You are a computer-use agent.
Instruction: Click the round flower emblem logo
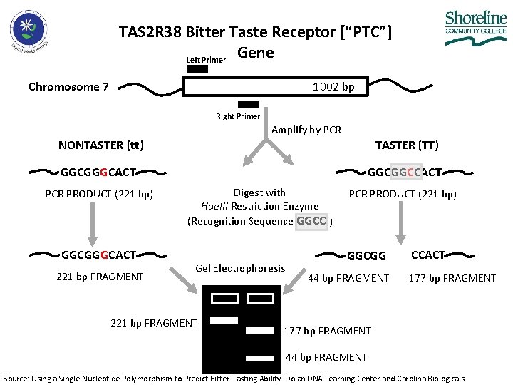pos(28,31)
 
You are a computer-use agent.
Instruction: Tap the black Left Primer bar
pos(197,69)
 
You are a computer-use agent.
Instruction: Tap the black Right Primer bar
pos(248,104)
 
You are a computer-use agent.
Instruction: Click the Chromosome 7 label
pos(68,87)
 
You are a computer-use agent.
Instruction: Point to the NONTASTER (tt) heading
pos(101,145)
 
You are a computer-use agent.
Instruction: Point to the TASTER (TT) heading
pos(406,145)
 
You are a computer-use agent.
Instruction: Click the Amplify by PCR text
pos(306,130)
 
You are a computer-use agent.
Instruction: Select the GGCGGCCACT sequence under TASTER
pos(405,172)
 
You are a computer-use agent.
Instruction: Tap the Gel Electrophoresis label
pos(240,268)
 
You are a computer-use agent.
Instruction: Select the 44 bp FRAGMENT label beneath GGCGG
pos(348,278)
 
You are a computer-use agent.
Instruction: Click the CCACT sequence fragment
pos(428,255)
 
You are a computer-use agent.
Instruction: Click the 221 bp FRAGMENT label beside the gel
pos(154,323)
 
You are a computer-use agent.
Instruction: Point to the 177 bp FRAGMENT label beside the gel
pos(327,330)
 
